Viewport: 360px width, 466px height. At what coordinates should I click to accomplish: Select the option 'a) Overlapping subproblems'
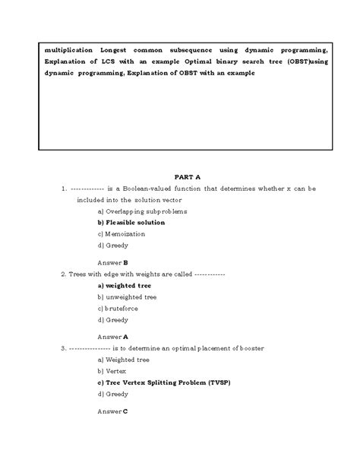(x=142, y=211)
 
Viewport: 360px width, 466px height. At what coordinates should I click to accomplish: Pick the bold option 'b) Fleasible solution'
(x=131, y=223)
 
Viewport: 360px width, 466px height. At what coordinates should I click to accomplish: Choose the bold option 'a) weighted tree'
(x=124, y=285)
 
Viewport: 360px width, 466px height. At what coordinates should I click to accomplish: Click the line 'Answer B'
(x=112, y=262)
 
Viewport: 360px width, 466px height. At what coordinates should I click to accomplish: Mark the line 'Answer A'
(x=112, y=335)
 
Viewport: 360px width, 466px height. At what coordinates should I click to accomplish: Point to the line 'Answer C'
(x=112, y=411)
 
